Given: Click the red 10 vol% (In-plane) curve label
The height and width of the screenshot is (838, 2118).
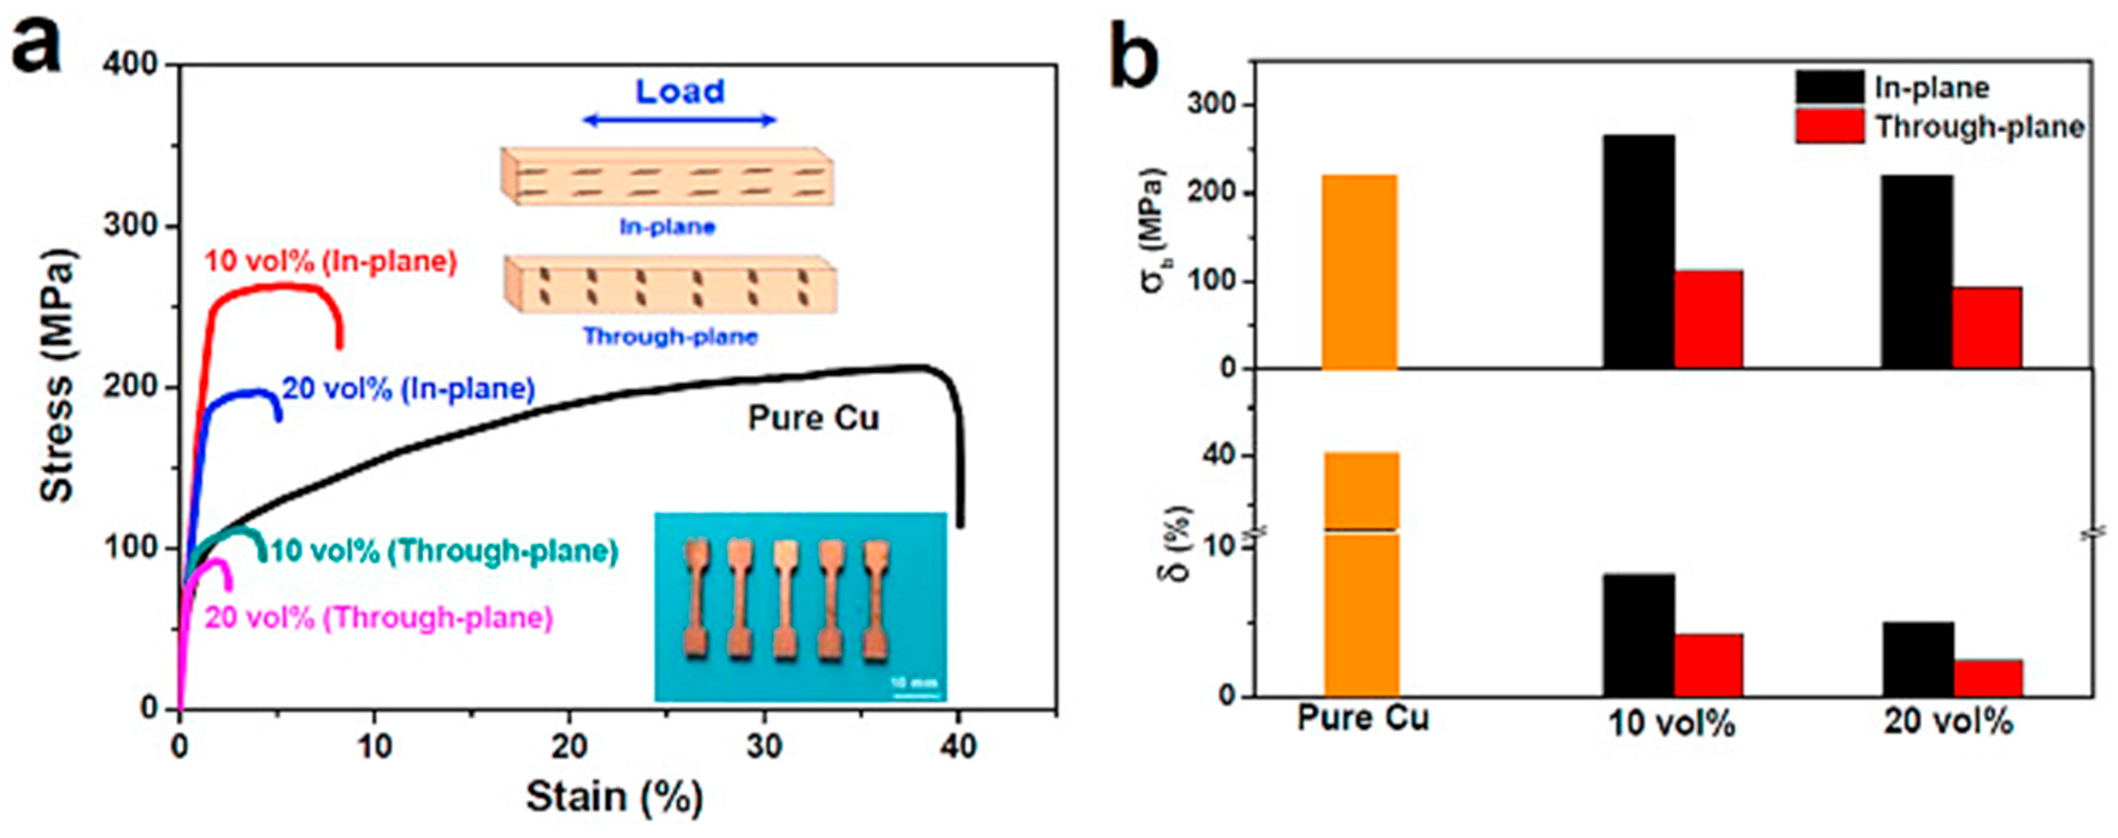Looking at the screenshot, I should click(331, 261).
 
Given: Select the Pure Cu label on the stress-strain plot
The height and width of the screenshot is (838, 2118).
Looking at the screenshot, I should click(813, 419).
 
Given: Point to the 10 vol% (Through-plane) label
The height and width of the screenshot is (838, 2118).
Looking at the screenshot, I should click(444, 551).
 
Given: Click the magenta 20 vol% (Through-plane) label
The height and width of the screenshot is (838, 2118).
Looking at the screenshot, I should click(379, 618).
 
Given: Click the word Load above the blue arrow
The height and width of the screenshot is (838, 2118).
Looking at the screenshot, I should click(680, 92).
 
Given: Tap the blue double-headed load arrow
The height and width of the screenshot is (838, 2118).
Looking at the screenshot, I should click(679, 120).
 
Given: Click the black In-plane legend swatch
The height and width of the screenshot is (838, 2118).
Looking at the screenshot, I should click(1830, 88).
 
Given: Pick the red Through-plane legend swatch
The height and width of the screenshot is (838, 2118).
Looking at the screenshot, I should click(1830, 127).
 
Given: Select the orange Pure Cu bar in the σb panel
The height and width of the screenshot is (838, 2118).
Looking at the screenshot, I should click(1359, 271).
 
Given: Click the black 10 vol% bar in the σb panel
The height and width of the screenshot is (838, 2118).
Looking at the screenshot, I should click(1638, 251).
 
